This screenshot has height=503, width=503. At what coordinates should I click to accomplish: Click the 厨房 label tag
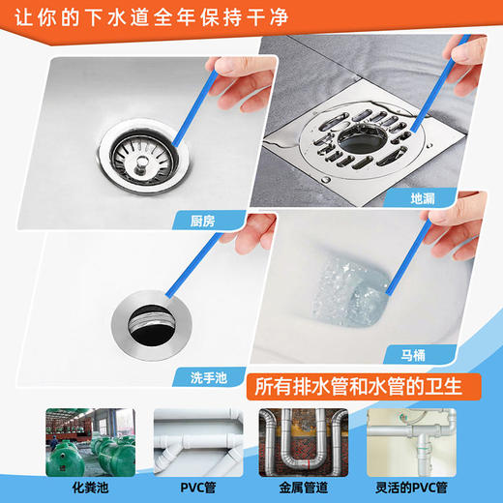tap(199, 222)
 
